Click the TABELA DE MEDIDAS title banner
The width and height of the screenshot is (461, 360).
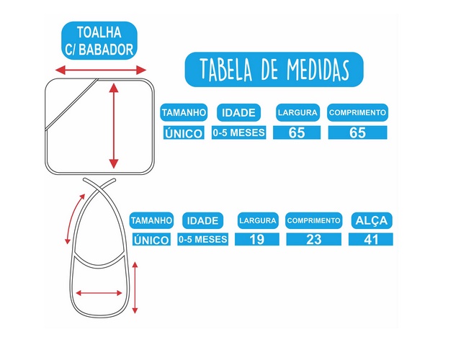coord(274,69)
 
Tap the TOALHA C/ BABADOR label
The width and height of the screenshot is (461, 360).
coord(98,40)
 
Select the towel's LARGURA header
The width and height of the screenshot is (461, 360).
coord(297,112)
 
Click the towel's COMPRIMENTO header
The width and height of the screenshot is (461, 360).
coord(357,112)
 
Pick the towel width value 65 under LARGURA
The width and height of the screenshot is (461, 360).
coord(297,132)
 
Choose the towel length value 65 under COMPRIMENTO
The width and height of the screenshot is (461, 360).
coord(357,132)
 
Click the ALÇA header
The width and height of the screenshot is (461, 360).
coord(370,220)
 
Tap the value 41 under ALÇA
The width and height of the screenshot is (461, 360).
coord(370,240)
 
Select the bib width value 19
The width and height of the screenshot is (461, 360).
coord(257,240)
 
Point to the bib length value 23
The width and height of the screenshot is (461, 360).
coord(313,240)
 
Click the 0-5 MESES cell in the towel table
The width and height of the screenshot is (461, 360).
coord(239,132)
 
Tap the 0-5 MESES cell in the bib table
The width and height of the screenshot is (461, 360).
coord(203,240)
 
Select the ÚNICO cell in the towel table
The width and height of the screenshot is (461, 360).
coord(184,133)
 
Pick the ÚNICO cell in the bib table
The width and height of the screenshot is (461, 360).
coord(151,240)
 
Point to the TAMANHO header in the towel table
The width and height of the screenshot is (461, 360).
coord(184,113)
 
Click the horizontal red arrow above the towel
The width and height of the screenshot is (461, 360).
coord(101,70)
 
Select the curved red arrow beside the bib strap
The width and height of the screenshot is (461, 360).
coord(74,217)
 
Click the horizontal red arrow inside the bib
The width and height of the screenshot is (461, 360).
coord(99,292)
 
